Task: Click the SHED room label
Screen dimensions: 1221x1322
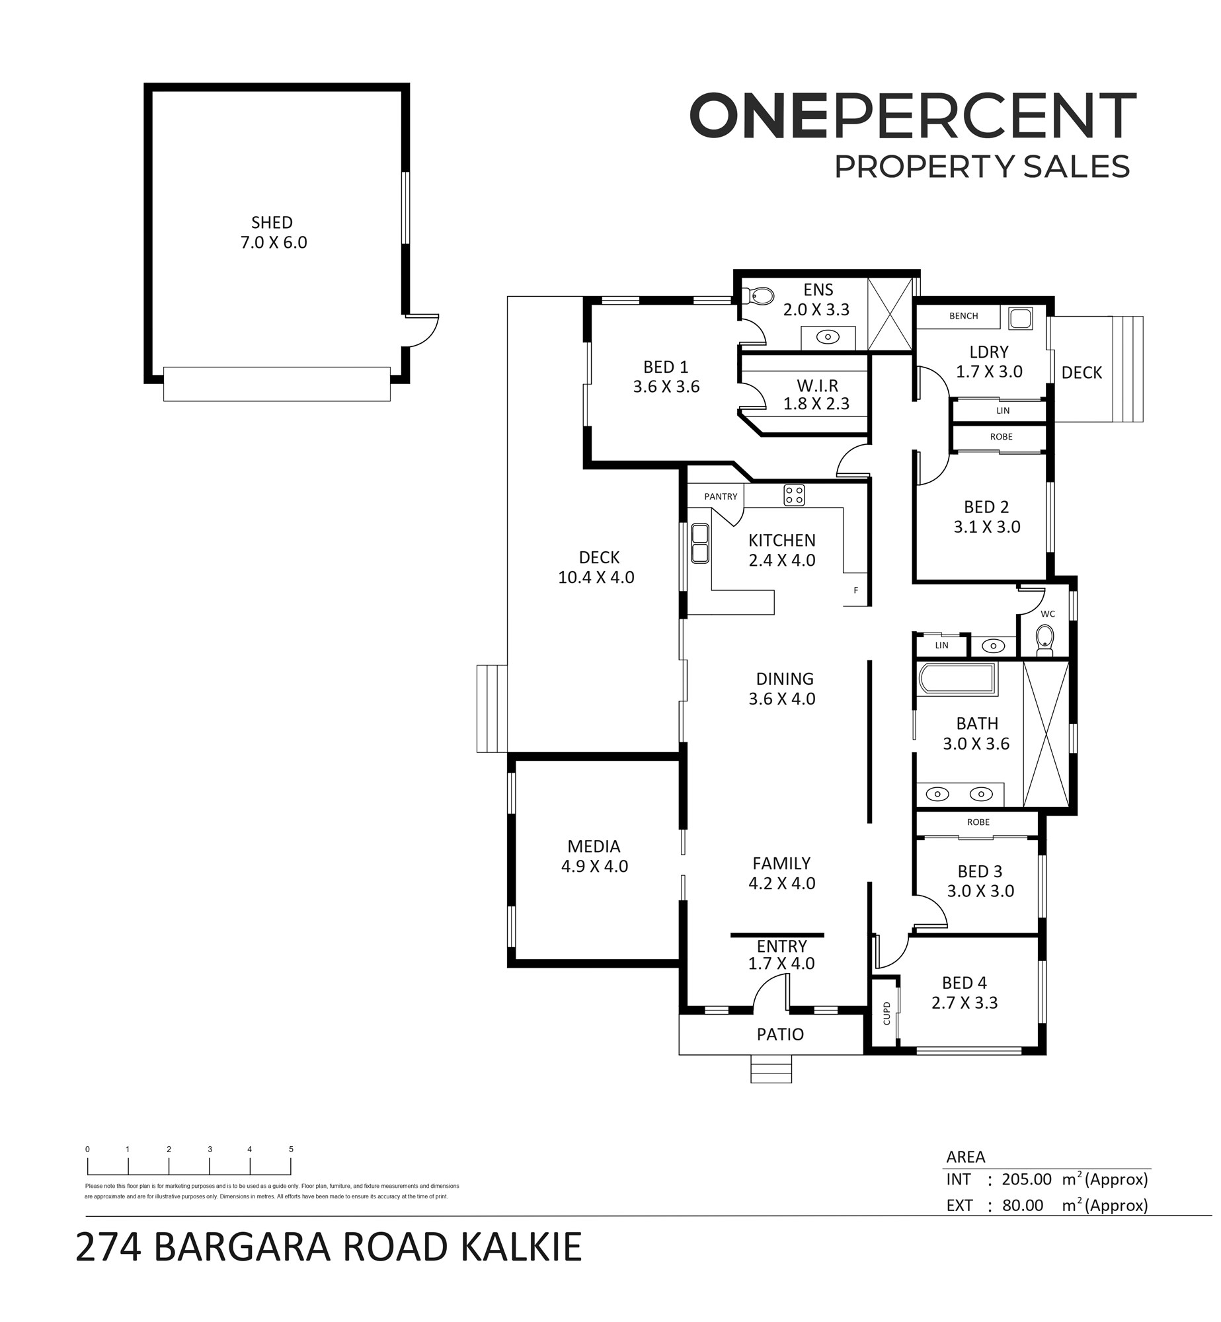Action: (272, 223)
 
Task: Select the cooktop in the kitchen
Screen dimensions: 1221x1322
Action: (794, 495)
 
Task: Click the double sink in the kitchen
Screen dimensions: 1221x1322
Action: (700, 543)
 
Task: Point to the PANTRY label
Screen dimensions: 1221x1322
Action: (721, 496)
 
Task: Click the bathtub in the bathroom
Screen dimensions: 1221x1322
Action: (957, 680)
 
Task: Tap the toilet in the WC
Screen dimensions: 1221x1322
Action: (1044, 640)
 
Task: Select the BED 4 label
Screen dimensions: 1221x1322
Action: (965, 982)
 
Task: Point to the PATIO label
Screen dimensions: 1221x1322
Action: (780, 1034)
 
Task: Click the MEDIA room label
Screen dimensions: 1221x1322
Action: (594, 846)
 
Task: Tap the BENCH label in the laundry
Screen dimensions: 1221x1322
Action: (963, 316)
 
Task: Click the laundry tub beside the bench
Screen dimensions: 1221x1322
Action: (1020, 319)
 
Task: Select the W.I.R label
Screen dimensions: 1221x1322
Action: (817, 385)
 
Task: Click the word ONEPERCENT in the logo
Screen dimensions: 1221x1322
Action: (913, 116)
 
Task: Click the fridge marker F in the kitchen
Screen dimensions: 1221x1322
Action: (855, 590)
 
